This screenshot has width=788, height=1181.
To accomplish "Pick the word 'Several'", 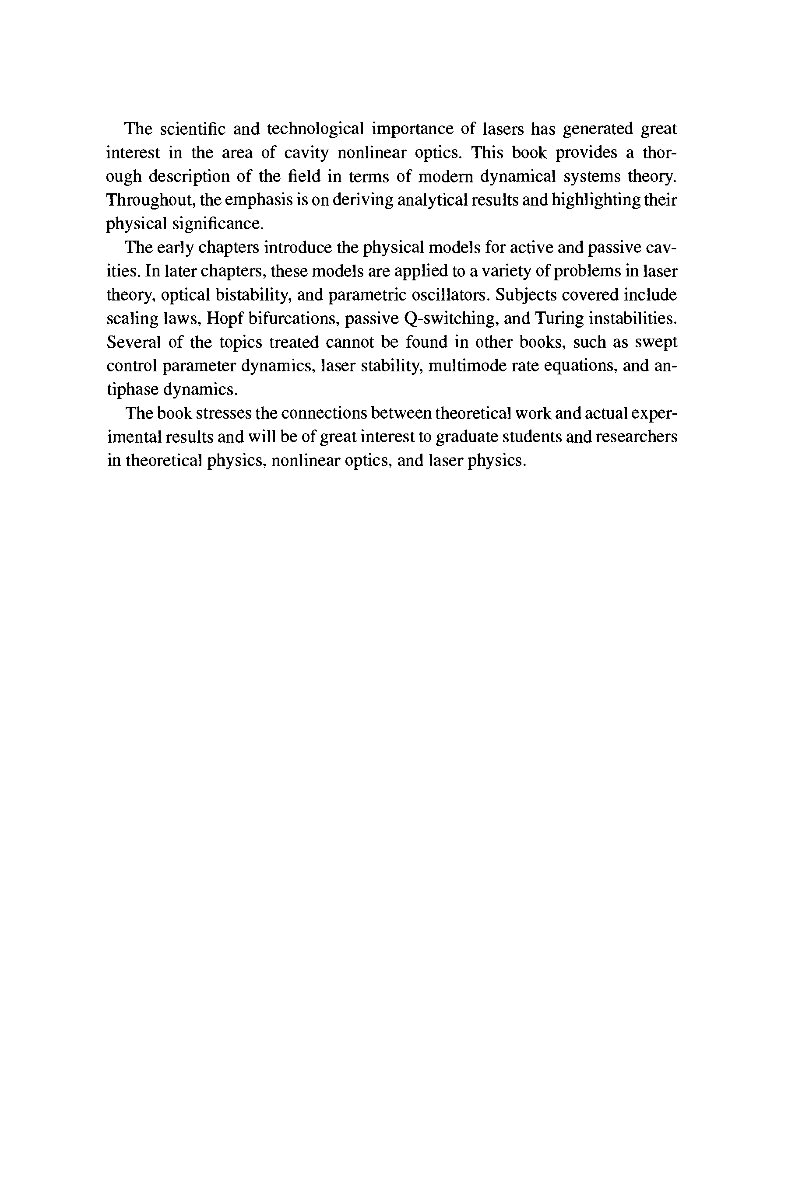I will pos(133,342).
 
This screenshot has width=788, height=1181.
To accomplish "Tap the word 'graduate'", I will pos(466,437).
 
